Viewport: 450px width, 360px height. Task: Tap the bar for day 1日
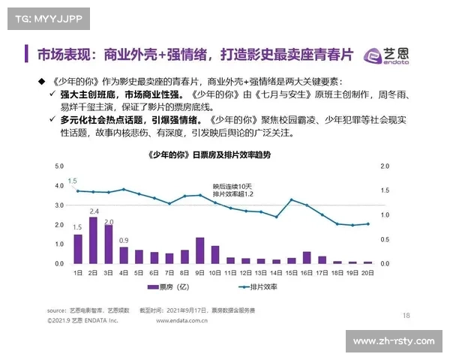click(78, 249)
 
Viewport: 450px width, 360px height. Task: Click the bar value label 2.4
click(94, 211)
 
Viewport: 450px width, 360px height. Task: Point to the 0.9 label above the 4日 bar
click(124, 240)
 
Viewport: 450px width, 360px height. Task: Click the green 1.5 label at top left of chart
click(73, 181)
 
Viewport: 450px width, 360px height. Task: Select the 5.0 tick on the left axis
click(58, 166)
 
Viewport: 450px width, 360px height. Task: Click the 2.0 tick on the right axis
click(385, 166)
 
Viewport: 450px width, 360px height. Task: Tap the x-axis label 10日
click(215, 273)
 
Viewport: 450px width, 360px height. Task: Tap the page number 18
click(406, 315)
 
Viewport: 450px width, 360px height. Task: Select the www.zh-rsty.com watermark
click(393, 341)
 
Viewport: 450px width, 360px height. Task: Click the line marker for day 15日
click(292, 199)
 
